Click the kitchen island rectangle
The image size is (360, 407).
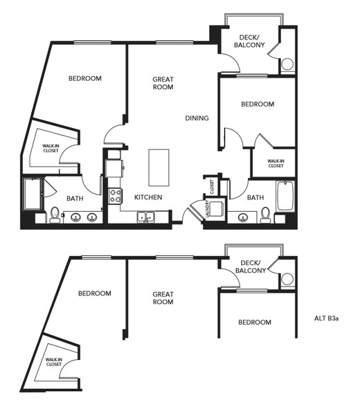tap(159, 168)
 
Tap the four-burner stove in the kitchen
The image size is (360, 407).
tap(114, 196)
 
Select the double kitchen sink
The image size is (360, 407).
tap(146, 217)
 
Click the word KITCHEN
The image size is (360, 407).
tap(148, 197)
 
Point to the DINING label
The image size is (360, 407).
tap(197, 118)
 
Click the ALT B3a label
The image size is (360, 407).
tap(326, 318)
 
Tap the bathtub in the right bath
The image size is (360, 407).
tap(285, 196)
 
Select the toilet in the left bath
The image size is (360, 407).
tap(55, 215)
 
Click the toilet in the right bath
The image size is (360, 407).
tap(265, 215)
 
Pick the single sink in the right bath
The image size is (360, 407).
tap(243, 217)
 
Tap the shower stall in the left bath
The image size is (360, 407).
tap(33, 194)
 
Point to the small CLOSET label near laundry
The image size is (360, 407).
tap(212, 187)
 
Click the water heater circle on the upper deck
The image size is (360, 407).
tap(287, 64)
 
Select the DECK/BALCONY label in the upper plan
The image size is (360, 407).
tap(249, 42)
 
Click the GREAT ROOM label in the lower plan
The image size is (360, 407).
tap(163, 298)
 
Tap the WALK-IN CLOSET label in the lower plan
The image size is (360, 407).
tap(54, 362)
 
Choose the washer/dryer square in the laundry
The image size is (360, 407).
tap(217, 209)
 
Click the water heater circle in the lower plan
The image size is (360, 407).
tap(287, 279)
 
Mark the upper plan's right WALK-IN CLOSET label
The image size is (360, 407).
tap(276, 163)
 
